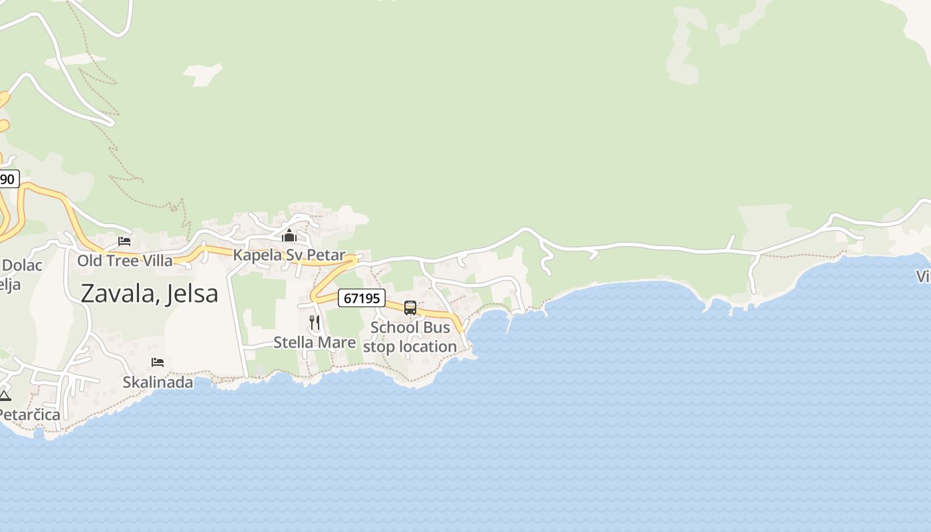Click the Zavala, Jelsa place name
point(149,293)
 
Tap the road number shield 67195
point(362,299)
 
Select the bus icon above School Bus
point(410,308)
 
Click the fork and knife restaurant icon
point(315,323)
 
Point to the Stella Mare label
point(315,342)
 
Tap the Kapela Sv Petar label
point(289,255)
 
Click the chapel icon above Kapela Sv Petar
point(289,235)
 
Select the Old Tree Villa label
point(124,260)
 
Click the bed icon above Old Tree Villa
point(124,241)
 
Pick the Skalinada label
point(158,382)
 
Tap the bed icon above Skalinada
point(158,362)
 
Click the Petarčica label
point(30,415)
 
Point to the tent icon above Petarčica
point(5,396)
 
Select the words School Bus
point(410,328)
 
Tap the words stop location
point(410,346)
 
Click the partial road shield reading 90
point(8,179)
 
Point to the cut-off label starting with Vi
point(923,276)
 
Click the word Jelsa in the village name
point(194,293)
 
